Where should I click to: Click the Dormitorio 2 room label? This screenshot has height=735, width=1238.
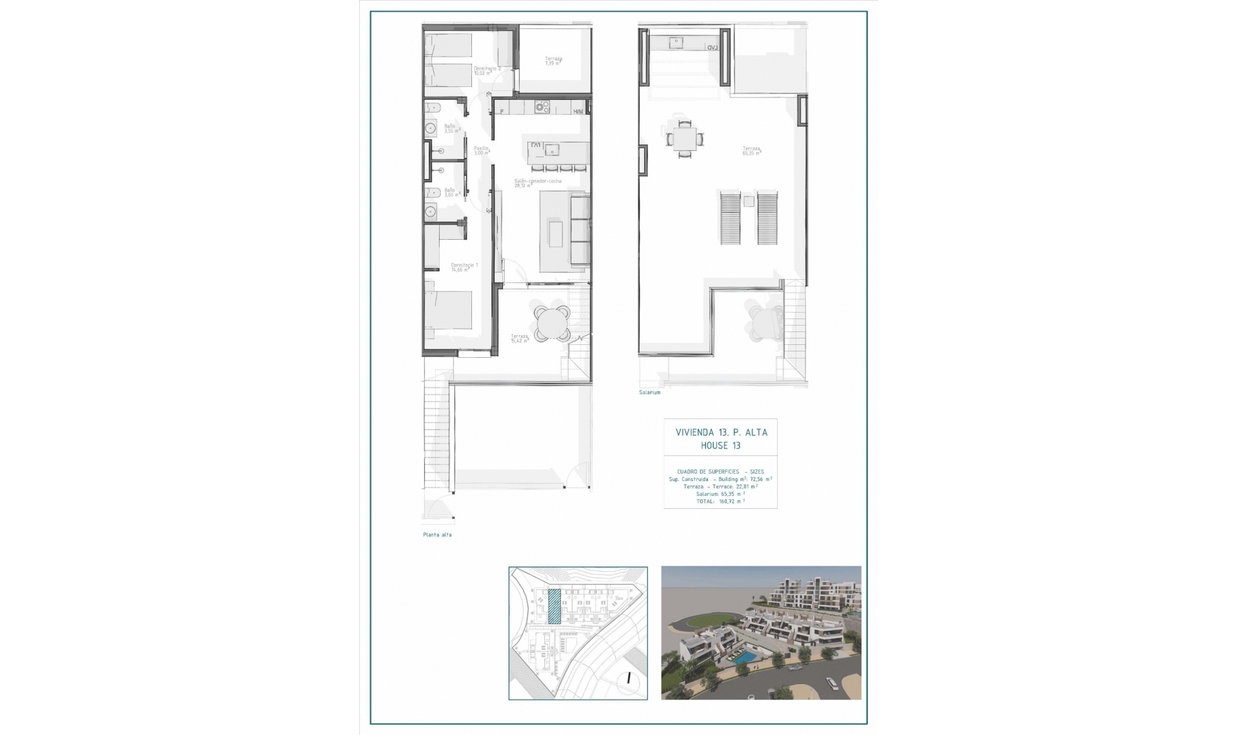pyautogui.click(x=487, y=70)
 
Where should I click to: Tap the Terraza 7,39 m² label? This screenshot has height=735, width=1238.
pyautogui.click(x=553, y=61)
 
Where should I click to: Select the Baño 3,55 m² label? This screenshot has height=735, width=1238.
pyautogui.click(x=451, y=128)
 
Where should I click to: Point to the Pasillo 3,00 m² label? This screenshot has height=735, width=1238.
pyautogui.click(x=482, y=150)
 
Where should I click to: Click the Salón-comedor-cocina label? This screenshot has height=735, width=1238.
pyautogui.click(x=538, y=183)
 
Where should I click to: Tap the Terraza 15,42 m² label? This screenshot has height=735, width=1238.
pyautogui.click(x=520, y=338)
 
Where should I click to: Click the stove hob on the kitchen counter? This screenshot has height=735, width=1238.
pyautogui.click(x=542, y=107)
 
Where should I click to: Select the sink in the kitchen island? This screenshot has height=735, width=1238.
pyautogui.click(x=552, y=150)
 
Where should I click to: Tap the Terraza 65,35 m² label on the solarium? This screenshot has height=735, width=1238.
pyautogui.click(x=751, y=150)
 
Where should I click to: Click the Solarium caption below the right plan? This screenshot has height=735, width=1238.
pyautogui.click(x=649, y=392)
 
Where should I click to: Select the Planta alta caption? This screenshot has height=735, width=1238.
pyautogui.click(x=437, y=534)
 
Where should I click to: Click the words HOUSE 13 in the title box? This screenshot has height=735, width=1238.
pyautogui.click(x=720, y=446)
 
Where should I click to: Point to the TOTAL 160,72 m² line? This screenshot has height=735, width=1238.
pyautogui.click(x=720, y=501)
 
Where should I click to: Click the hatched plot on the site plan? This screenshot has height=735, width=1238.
pyautogui.click(x=554, y=606)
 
